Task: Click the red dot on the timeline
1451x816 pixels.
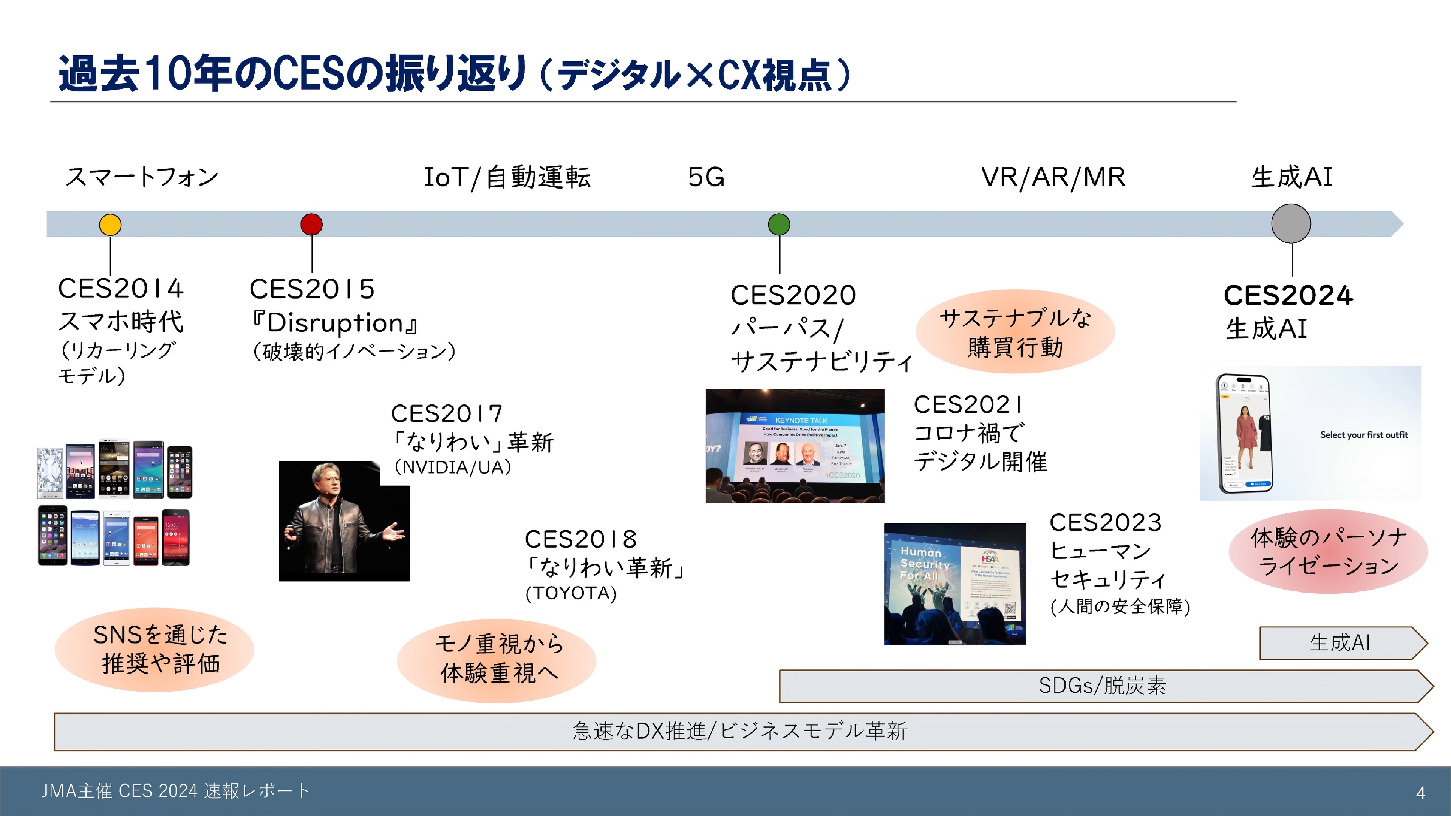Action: pos(311,224)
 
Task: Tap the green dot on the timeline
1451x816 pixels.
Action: pos(779,224)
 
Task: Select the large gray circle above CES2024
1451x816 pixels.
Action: pos(1291,223)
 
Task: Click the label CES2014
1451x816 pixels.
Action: pos(121,288)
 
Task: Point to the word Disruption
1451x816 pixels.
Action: pos(335,323)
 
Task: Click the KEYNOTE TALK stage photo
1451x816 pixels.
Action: pos(795,445)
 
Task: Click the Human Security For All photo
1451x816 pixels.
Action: pos(955,584)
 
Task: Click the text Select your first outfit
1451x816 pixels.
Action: pos(1364,435)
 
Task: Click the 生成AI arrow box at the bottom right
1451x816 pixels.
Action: pos(1341,643)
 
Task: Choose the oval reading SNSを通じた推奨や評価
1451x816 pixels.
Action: pos(154,649)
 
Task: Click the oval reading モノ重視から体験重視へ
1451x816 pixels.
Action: pos(496,659)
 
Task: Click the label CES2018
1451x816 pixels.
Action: pos(581,539)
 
